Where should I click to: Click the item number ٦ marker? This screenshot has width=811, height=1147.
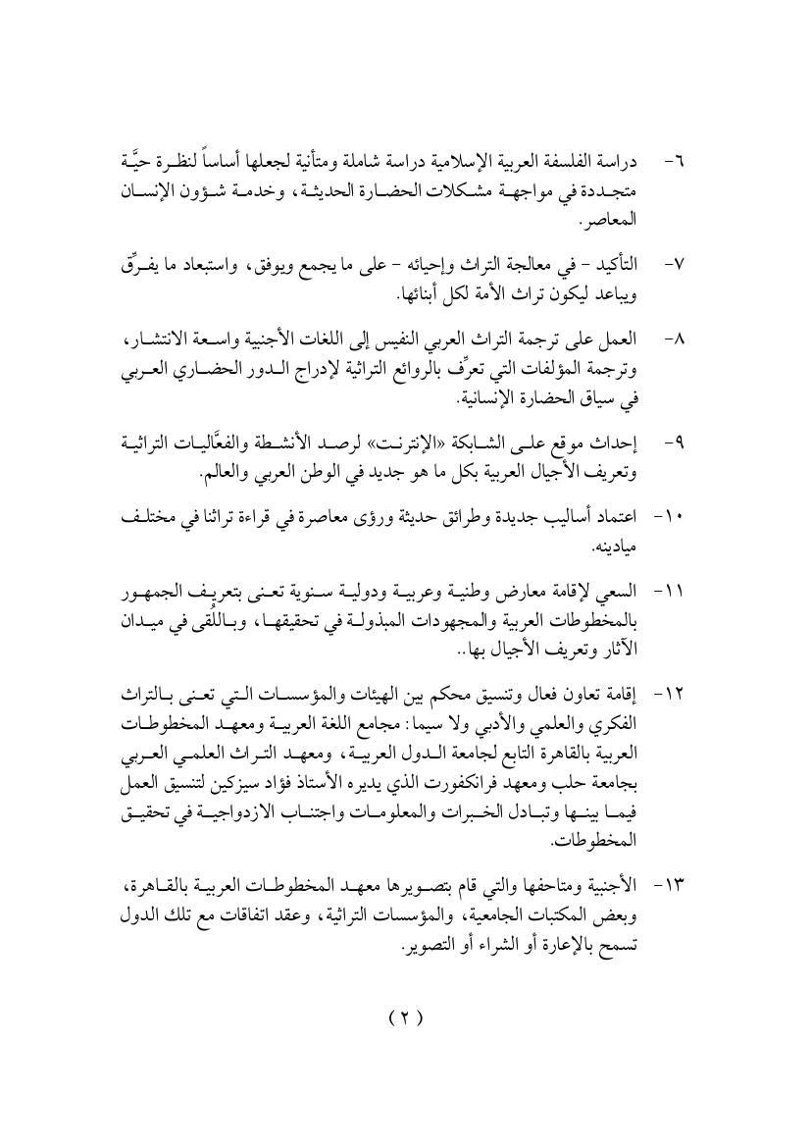[x=675, y=160]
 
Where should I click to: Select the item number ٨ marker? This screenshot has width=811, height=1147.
[x=675, y=339]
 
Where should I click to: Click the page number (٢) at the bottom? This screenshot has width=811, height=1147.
[x=404, y=1017]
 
